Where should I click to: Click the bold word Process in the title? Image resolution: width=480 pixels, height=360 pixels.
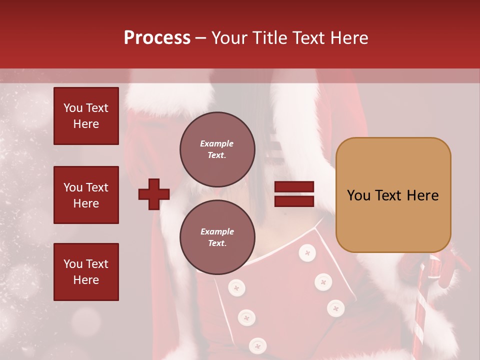pyautogui.click(x=157, y=38)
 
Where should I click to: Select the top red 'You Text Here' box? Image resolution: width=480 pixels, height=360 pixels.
pyautogui.click(x=86, y=116)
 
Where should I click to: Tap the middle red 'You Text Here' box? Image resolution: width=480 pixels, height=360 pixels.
pyautogui.click(x=86, y=195)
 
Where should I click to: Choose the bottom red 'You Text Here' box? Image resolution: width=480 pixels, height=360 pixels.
pyautogui.click(x=86, y=272)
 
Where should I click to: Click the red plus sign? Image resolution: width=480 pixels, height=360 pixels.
pyautogui.click(x=154, y=194)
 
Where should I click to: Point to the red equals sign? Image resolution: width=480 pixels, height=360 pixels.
pyautogui.click(x=294, y=194)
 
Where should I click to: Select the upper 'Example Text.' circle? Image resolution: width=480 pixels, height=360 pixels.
pyautogui.click(x=217, y=149)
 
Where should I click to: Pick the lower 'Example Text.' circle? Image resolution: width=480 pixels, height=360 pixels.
pyautogui.click(x=217, y=237)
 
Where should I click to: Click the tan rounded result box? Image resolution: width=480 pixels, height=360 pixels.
pyautogui.click(x=393, y=195)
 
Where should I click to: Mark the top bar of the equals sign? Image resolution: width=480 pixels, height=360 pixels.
pyautogui.click(x=294, y=187)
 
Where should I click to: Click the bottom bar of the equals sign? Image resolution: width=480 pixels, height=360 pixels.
pyautogui.click(x=294, y=201)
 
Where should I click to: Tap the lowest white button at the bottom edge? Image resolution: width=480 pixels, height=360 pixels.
pyautogui.click(x=257, y=345)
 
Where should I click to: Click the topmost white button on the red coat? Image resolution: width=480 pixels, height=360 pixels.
pyautogui.click(x=307, y=253)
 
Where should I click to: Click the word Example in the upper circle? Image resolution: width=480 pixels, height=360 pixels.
pyautogui.click(x=216, y=143)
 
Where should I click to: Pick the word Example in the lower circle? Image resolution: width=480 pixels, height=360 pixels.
pyautogui.click(x=217, y=231)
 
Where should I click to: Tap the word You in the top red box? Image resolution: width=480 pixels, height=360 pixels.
pyautogui.click(x=72, y=108)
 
